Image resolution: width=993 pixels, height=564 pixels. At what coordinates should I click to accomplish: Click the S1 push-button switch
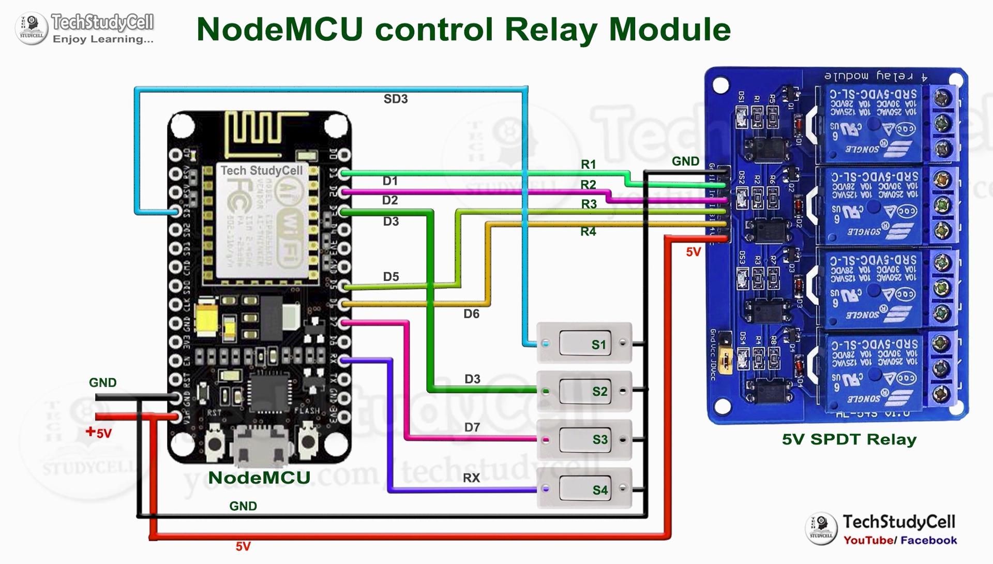[584, 344]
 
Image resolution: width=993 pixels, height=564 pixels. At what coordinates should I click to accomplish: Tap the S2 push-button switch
[584, 391]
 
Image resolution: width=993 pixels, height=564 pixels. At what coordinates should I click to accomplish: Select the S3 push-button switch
[584, 440]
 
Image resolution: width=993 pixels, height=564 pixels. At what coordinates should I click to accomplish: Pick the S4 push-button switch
[584, 489]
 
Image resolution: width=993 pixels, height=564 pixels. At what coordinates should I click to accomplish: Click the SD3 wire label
[396, 99]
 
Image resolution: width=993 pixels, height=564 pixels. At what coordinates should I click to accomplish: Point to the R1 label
[589, 165]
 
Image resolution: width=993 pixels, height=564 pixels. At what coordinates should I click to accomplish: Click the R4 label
[588, 232]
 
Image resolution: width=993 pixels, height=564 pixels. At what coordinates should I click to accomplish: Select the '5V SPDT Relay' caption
[849, 440]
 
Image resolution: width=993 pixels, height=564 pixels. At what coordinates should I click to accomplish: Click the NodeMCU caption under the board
[259, 478]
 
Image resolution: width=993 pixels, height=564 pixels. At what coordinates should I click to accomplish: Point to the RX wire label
[471, 478]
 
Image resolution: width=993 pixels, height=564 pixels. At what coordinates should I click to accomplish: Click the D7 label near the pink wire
[472, 427]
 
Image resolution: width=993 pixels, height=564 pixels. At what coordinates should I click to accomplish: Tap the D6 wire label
[471, 314]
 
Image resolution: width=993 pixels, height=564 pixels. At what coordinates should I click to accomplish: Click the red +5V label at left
[99, 433]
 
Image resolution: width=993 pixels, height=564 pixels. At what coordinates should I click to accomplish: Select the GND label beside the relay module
[685, 161]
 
